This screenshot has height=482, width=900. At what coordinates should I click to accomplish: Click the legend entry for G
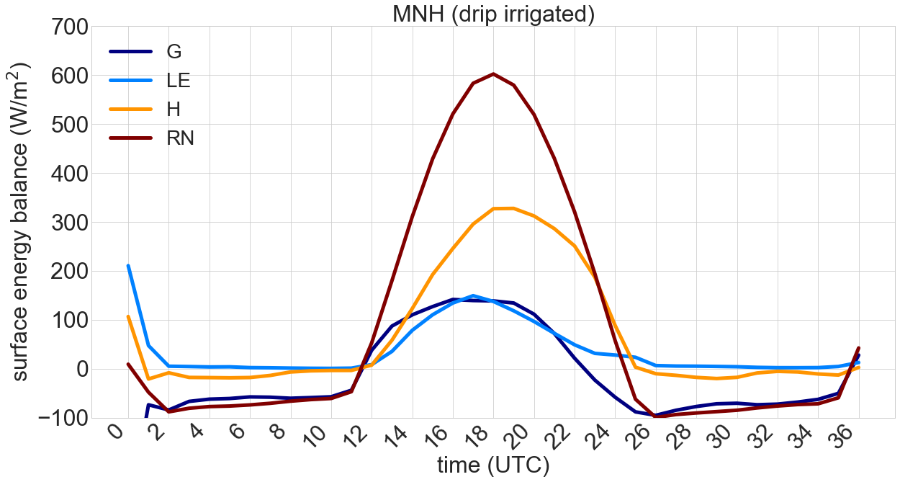coord(174,51)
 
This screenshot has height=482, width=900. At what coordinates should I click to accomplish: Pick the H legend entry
coord(174,109)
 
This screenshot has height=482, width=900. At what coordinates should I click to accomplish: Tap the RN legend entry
coord(180,138)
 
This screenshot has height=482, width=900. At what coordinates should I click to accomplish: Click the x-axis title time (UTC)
coord(493,465)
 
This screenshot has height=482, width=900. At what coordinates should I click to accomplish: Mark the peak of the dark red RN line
coord(493,73)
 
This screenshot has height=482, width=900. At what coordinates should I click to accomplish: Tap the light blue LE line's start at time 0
coord(128,266)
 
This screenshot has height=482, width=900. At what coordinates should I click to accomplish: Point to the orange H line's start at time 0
coord(128,316)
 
